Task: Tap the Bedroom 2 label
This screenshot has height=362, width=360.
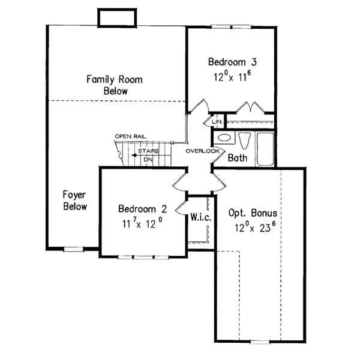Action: click(x=141, y=209)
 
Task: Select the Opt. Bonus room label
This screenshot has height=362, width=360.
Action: click(x=253, y=213)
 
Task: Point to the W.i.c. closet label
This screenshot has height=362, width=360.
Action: click(x=200, y=217)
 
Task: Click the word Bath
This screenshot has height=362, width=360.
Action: click(x=238, y=158)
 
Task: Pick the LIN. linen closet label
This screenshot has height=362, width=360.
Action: click(x=218, y=122)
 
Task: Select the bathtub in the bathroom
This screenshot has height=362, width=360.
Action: click(x=265, y=149)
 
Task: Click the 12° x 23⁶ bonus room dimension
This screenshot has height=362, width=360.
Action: click(x=253, y=228)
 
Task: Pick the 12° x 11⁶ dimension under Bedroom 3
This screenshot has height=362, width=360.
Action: click(x=230, y=76)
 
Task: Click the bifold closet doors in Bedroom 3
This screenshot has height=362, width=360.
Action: click(x=251, y=107)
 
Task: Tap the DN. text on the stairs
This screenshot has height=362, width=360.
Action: click(x=148, y=160)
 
